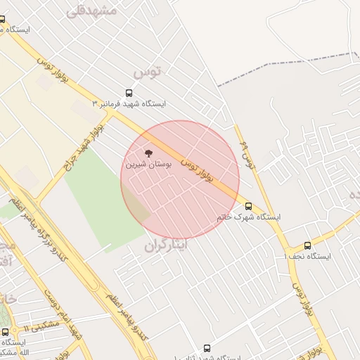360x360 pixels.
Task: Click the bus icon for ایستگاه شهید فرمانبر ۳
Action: (x=129, y=93)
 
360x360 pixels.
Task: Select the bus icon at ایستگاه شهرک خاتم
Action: (x=249, y=206)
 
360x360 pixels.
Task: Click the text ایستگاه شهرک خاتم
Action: (x=249, y=217)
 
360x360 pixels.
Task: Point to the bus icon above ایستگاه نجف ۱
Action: (x=307, y=245)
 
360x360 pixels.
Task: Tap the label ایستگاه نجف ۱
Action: (x=310, y=257)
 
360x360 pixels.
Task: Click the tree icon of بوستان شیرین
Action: (x=148, y=153)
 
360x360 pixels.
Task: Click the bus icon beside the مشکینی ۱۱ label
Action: (x=6, y=332)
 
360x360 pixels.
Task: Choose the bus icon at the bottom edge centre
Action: (x=207, y=348)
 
